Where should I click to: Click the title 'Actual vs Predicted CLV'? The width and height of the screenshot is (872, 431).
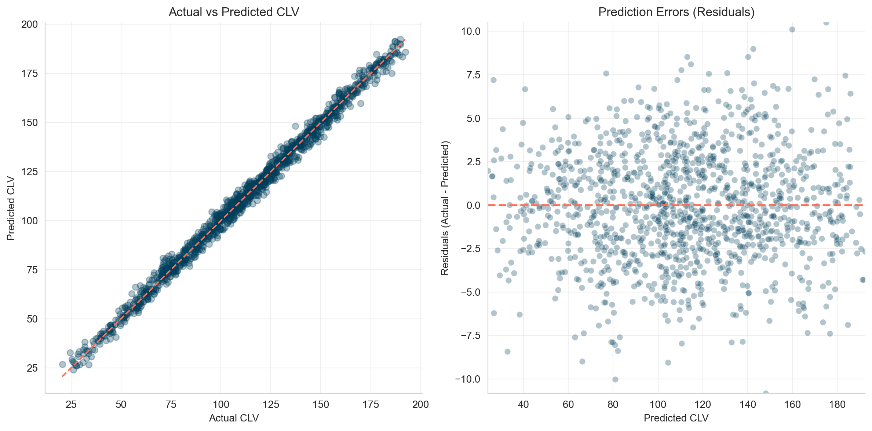pyautogui.click(x=234, y=12)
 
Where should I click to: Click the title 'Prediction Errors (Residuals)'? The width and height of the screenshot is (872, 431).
pyautogui.click(x=676, y=12)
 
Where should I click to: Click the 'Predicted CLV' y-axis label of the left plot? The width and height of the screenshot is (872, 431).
pyautogui.click(x=11, y=208)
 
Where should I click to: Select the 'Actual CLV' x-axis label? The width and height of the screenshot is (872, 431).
pyautogui.click(x=234, y=418)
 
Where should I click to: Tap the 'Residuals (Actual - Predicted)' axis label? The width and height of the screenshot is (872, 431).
pyautogui.click(x=445, y=208)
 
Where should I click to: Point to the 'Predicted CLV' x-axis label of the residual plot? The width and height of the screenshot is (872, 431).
pyautogui.click(x=676, y=418)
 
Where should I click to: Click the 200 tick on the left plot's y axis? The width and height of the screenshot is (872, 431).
pyautogui.click(x=29, y=25)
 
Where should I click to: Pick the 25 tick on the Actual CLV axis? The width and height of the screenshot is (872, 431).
pyautogui.click(x=71, y=405)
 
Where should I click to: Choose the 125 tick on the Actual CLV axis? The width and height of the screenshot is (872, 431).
pyautogui.click(x=271, y=405)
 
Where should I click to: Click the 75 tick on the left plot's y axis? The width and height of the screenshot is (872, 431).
pyautogui.click(x=32, y=270)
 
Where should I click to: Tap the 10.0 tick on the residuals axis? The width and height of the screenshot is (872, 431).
pyautogui.click(x=471, y=32)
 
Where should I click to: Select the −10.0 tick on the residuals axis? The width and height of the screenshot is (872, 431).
pyautogui.click(x=468, y=379)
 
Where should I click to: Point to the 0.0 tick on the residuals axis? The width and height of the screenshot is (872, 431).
pyautogui.click(x=473, y=206)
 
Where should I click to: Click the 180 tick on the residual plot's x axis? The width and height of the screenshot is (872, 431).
pyautogui.click(x=837, y=405)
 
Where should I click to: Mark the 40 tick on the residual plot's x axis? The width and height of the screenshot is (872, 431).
pyautogui.click(x=523, y=405)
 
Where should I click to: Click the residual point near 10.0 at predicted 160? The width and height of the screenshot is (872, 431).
pyautogui.click(x=792, y=29)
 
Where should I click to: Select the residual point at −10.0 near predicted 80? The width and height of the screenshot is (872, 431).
pyautogui.click(x=615, y=379)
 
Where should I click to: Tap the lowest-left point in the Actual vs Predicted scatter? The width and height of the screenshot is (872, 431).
pyautogui.click(x=62, y=364)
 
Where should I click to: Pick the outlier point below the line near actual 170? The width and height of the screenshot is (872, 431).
pyautogui.click(x=361, y=103)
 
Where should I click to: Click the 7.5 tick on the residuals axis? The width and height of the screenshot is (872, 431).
pyautogui.click(x=473, y=75)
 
